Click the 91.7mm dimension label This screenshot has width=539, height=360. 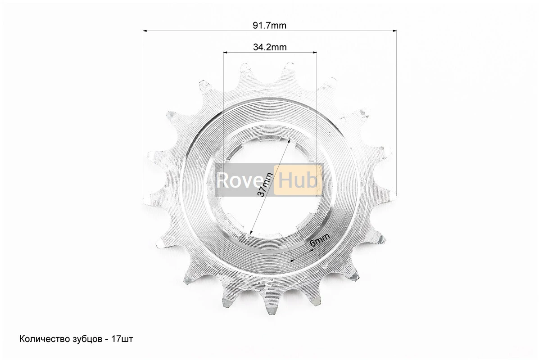(269, 25)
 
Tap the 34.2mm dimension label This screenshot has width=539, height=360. (270, 47)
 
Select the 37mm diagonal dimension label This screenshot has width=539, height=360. (265, 185)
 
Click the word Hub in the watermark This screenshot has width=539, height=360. (298, 180)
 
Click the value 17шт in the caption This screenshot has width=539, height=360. (122, 339)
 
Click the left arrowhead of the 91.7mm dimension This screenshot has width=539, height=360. (145, 31)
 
